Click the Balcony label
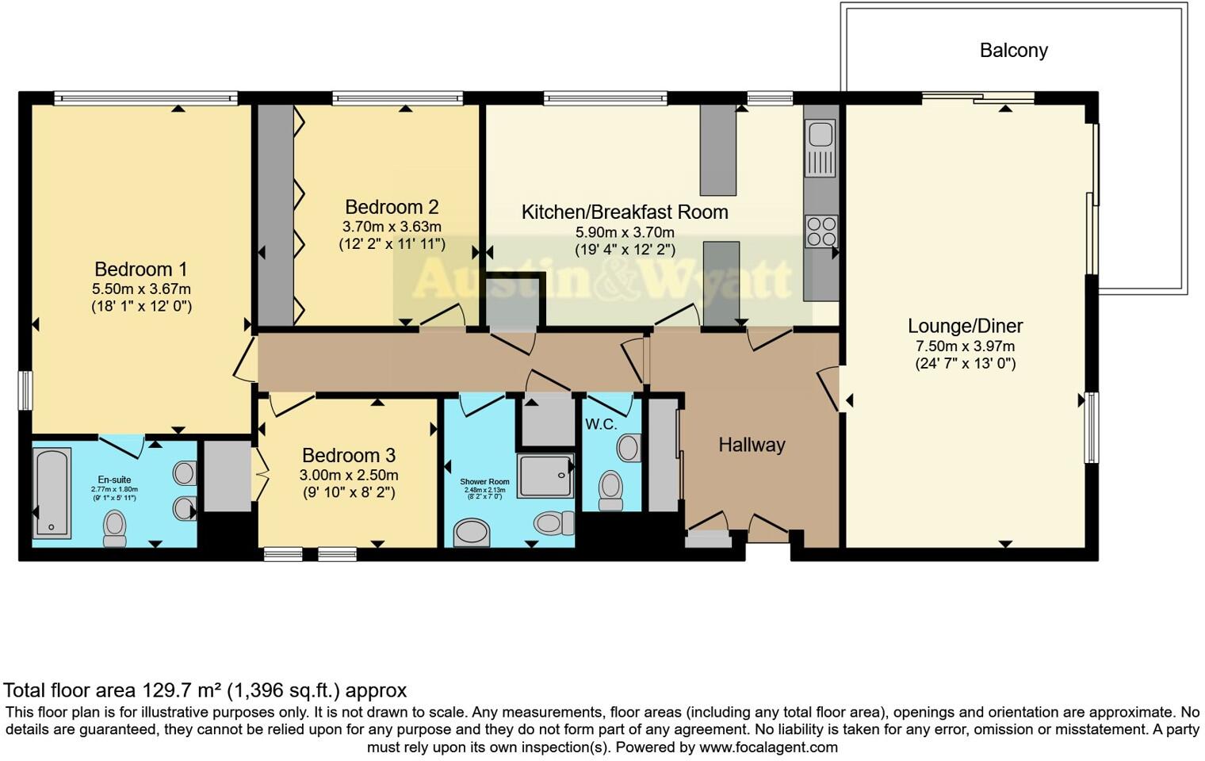[x=1013, y=51]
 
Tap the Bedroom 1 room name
[x=140, y=270]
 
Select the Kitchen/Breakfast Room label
[x=624, y=212]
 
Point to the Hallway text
[x=752, y=445]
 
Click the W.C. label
[x=600, y=425]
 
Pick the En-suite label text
[x=114, y=480]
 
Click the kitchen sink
[x=821, y=147]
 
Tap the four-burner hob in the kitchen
[x=821, y=231]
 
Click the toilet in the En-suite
[x=115, y=528]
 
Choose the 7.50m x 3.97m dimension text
[x=965, y=346]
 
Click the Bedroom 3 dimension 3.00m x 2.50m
[x=348, y=476]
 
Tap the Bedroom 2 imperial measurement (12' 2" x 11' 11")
[x=392, y=244]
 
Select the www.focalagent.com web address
[x=768, y=747]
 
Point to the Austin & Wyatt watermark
[x=602, y=279]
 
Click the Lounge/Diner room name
[x=965, y=326]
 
